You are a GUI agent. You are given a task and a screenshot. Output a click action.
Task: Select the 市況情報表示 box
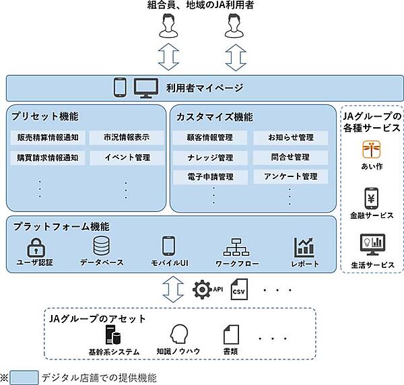(x=126, y=138)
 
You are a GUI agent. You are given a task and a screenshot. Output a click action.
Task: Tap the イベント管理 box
(x=126, y=158)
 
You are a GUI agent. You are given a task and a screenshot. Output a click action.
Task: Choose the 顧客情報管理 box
(x=211, y=138)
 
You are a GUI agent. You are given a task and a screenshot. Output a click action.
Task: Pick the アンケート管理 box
(x=292, y=177)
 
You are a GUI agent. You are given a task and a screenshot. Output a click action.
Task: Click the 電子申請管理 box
(x=211, y=177)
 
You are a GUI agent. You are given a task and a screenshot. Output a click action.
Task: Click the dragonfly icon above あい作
(x=372, y=149)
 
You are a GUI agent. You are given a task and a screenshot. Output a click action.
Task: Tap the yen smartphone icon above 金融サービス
(x=372, y=199)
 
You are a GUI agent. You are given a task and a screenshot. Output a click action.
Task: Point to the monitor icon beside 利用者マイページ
(x=145, y=87)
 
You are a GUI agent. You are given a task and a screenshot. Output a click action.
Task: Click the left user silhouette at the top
(x=167, y=28)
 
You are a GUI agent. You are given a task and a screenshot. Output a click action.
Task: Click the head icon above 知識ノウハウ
(x=178, y=335)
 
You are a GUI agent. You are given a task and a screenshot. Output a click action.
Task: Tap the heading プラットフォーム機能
(x=60, y=227)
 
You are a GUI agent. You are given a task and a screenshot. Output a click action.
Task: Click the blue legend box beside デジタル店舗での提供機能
(x=24, y=377)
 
